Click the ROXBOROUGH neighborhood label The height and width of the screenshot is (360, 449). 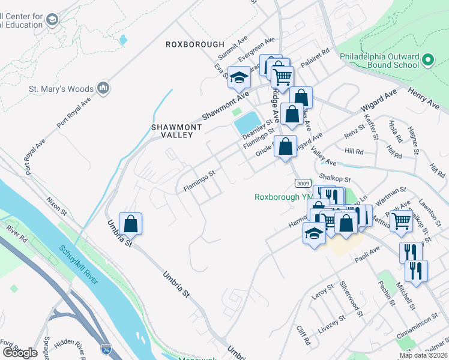[x=195, y=44]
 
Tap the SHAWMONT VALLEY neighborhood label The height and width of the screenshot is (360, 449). [x=172, y=130]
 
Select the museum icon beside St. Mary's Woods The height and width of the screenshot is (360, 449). [x=103, y=89]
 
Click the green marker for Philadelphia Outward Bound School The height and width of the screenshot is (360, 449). [x=427, y=61]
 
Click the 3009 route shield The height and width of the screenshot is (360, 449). [x=302, y=182]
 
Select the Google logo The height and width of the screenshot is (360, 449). [x=19, y=353]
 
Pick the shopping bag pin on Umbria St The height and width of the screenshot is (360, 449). [x=130, y=224]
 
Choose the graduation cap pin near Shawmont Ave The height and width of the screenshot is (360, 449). [x=240, y=77]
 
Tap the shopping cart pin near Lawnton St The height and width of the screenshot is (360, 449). [x=401, y=220]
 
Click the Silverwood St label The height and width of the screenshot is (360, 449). [x=351, y=298]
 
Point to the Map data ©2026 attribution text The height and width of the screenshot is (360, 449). [x=423, y=355]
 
